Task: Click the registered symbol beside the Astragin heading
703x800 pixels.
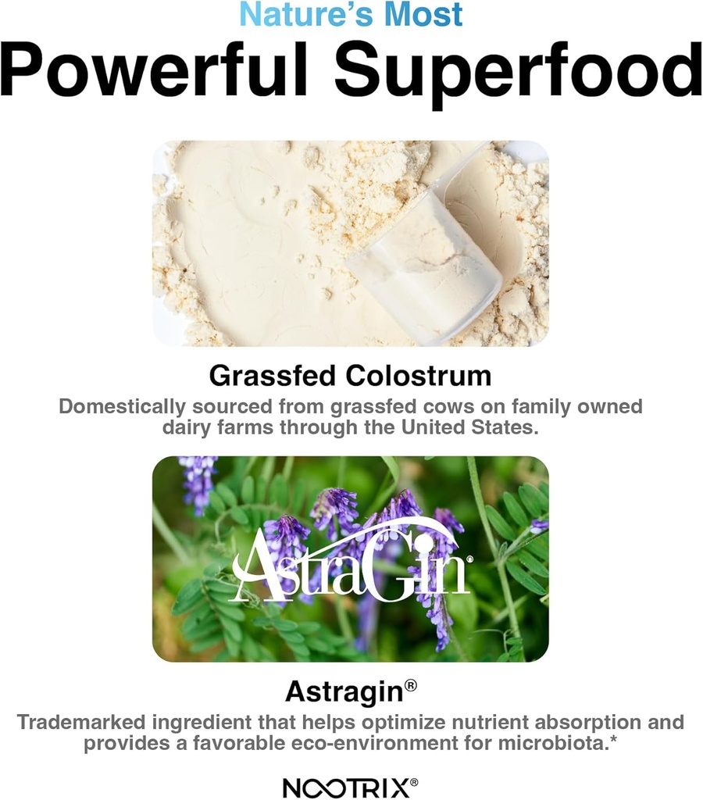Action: tap(411, 685)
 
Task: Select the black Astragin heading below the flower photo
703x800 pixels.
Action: tap(344, 691)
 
